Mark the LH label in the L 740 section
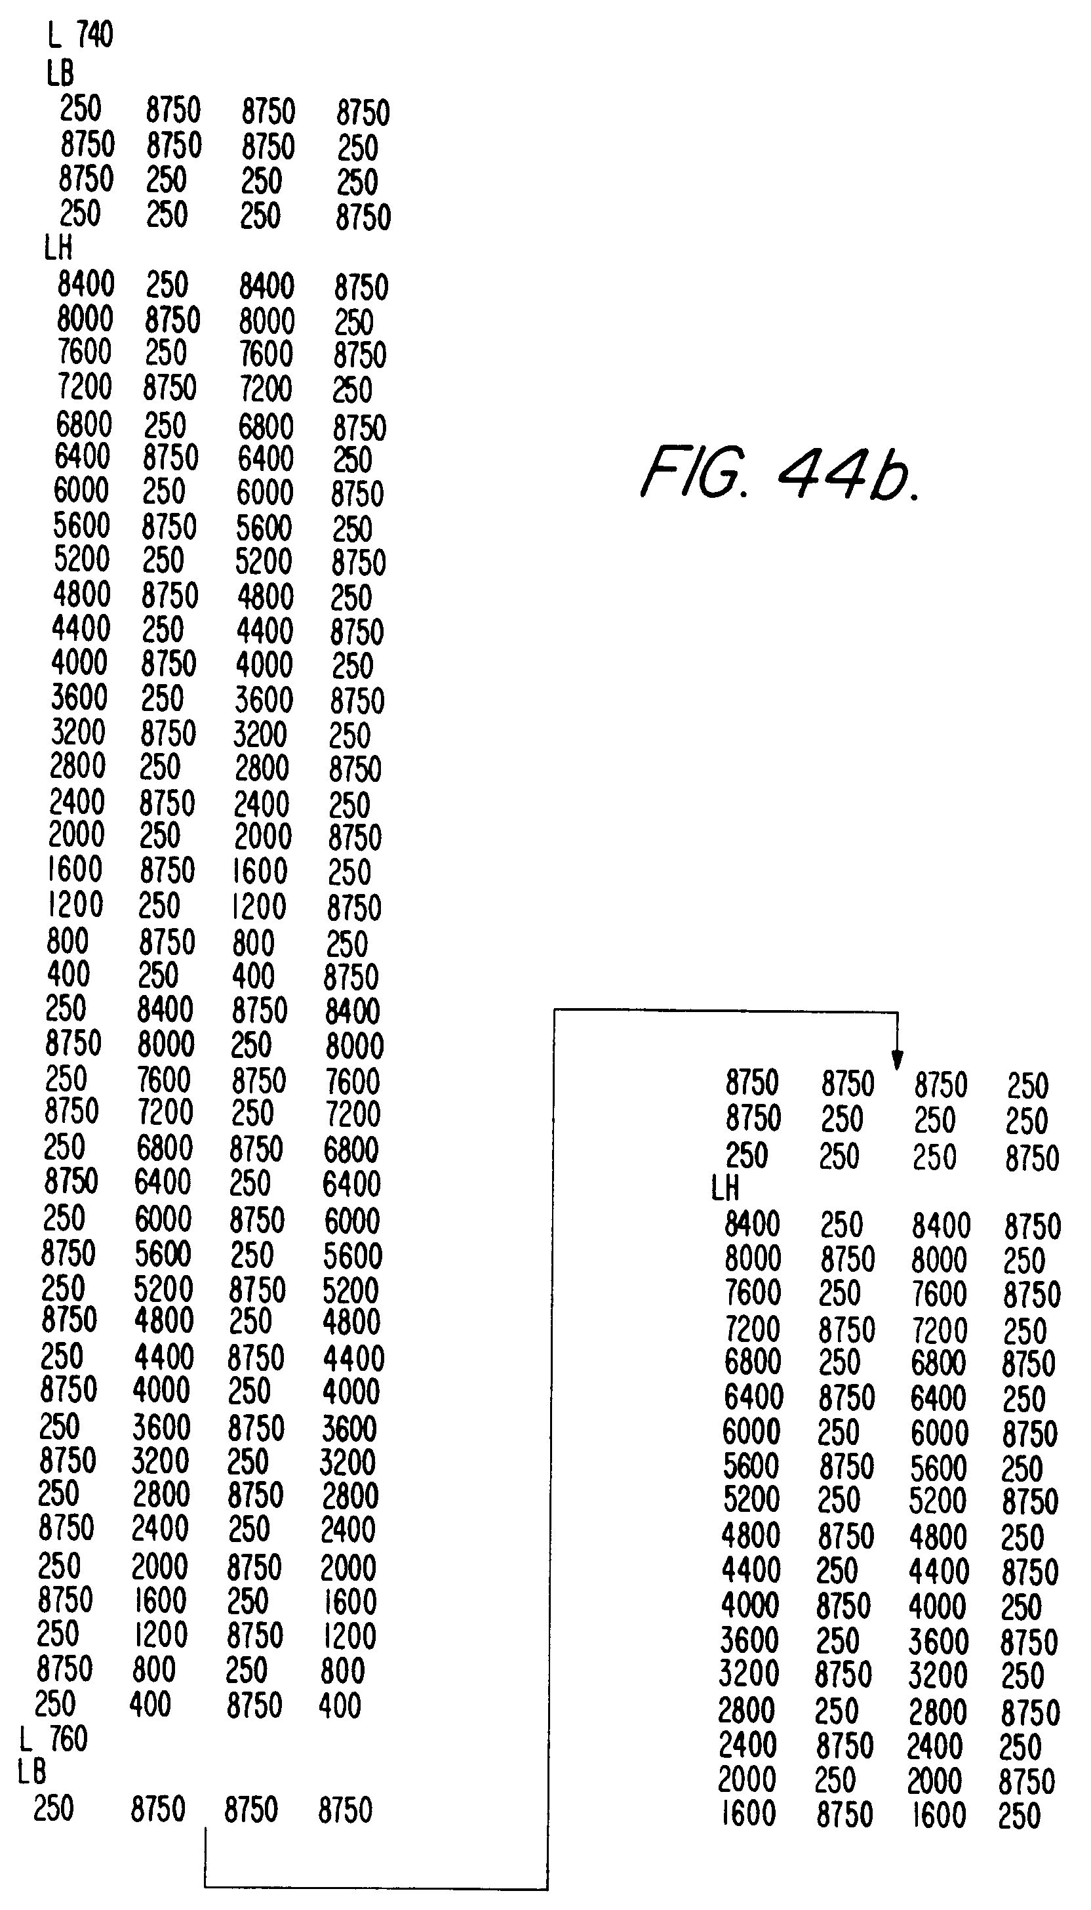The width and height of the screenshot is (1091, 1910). tap(58, 247)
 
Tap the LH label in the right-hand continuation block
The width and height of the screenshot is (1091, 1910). tap(725, 1188)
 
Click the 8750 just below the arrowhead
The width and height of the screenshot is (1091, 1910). tap(940, 1085)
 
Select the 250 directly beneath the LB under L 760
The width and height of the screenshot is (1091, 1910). tap(54, 1808)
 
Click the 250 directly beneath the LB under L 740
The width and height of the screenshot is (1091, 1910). tap(80, 109)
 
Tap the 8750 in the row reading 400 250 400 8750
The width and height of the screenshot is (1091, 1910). tap(351, 977)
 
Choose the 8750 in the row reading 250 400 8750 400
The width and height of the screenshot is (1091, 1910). tap(254, 1705)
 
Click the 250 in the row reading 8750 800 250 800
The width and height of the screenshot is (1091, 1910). tap(247, 1670)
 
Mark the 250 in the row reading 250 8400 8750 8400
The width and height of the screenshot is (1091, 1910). tap(66, 1009)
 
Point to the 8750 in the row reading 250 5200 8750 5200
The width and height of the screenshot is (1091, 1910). tap(257, 1290)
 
